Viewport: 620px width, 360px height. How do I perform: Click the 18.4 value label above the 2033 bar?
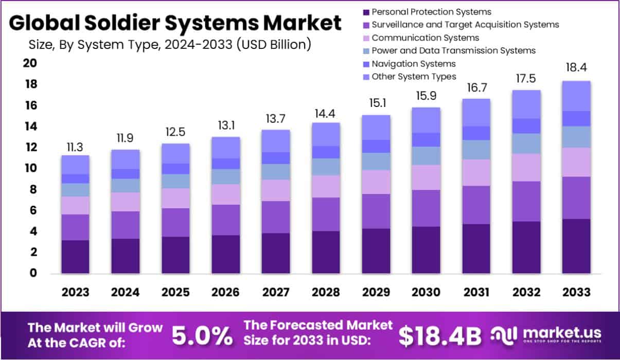pyautogui.click(x=576, y=68)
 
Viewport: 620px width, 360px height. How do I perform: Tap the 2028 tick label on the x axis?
pyautogui.click(x=325, y=292)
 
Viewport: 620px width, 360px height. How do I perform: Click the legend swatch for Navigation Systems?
pyautogui.click(x=366, y=64)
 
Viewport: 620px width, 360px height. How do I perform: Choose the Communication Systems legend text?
pyautogui.click(x=425, y=38)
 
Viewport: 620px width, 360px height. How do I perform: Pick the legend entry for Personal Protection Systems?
pyautogui.click(x=431, y=11)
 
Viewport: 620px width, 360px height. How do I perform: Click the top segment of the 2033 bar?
pyautogui.click(x=576, y=96)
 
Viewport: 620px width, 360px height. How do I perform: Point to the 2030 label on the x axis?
pyautogui.click(x=426, y=292)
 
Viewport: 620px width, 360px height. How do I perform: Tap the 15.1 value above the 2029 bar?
pyautogui.click(x=375, y=103)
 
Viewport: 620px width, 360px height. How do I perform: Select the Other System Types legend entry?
pyautogui.click(x=414, y=77)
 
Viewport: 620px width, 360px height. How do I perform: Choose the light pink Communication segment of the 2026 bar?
pyautogui.click(x=225, y=194)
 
